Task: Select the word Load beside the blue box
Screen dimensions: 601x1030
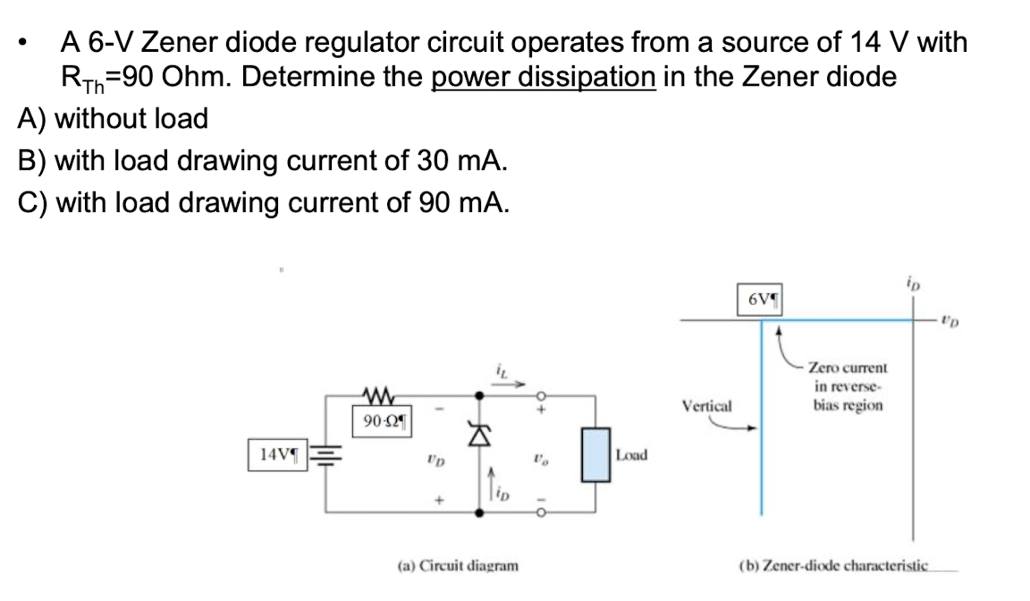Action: pyautogui.click(x=631, y=454)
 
